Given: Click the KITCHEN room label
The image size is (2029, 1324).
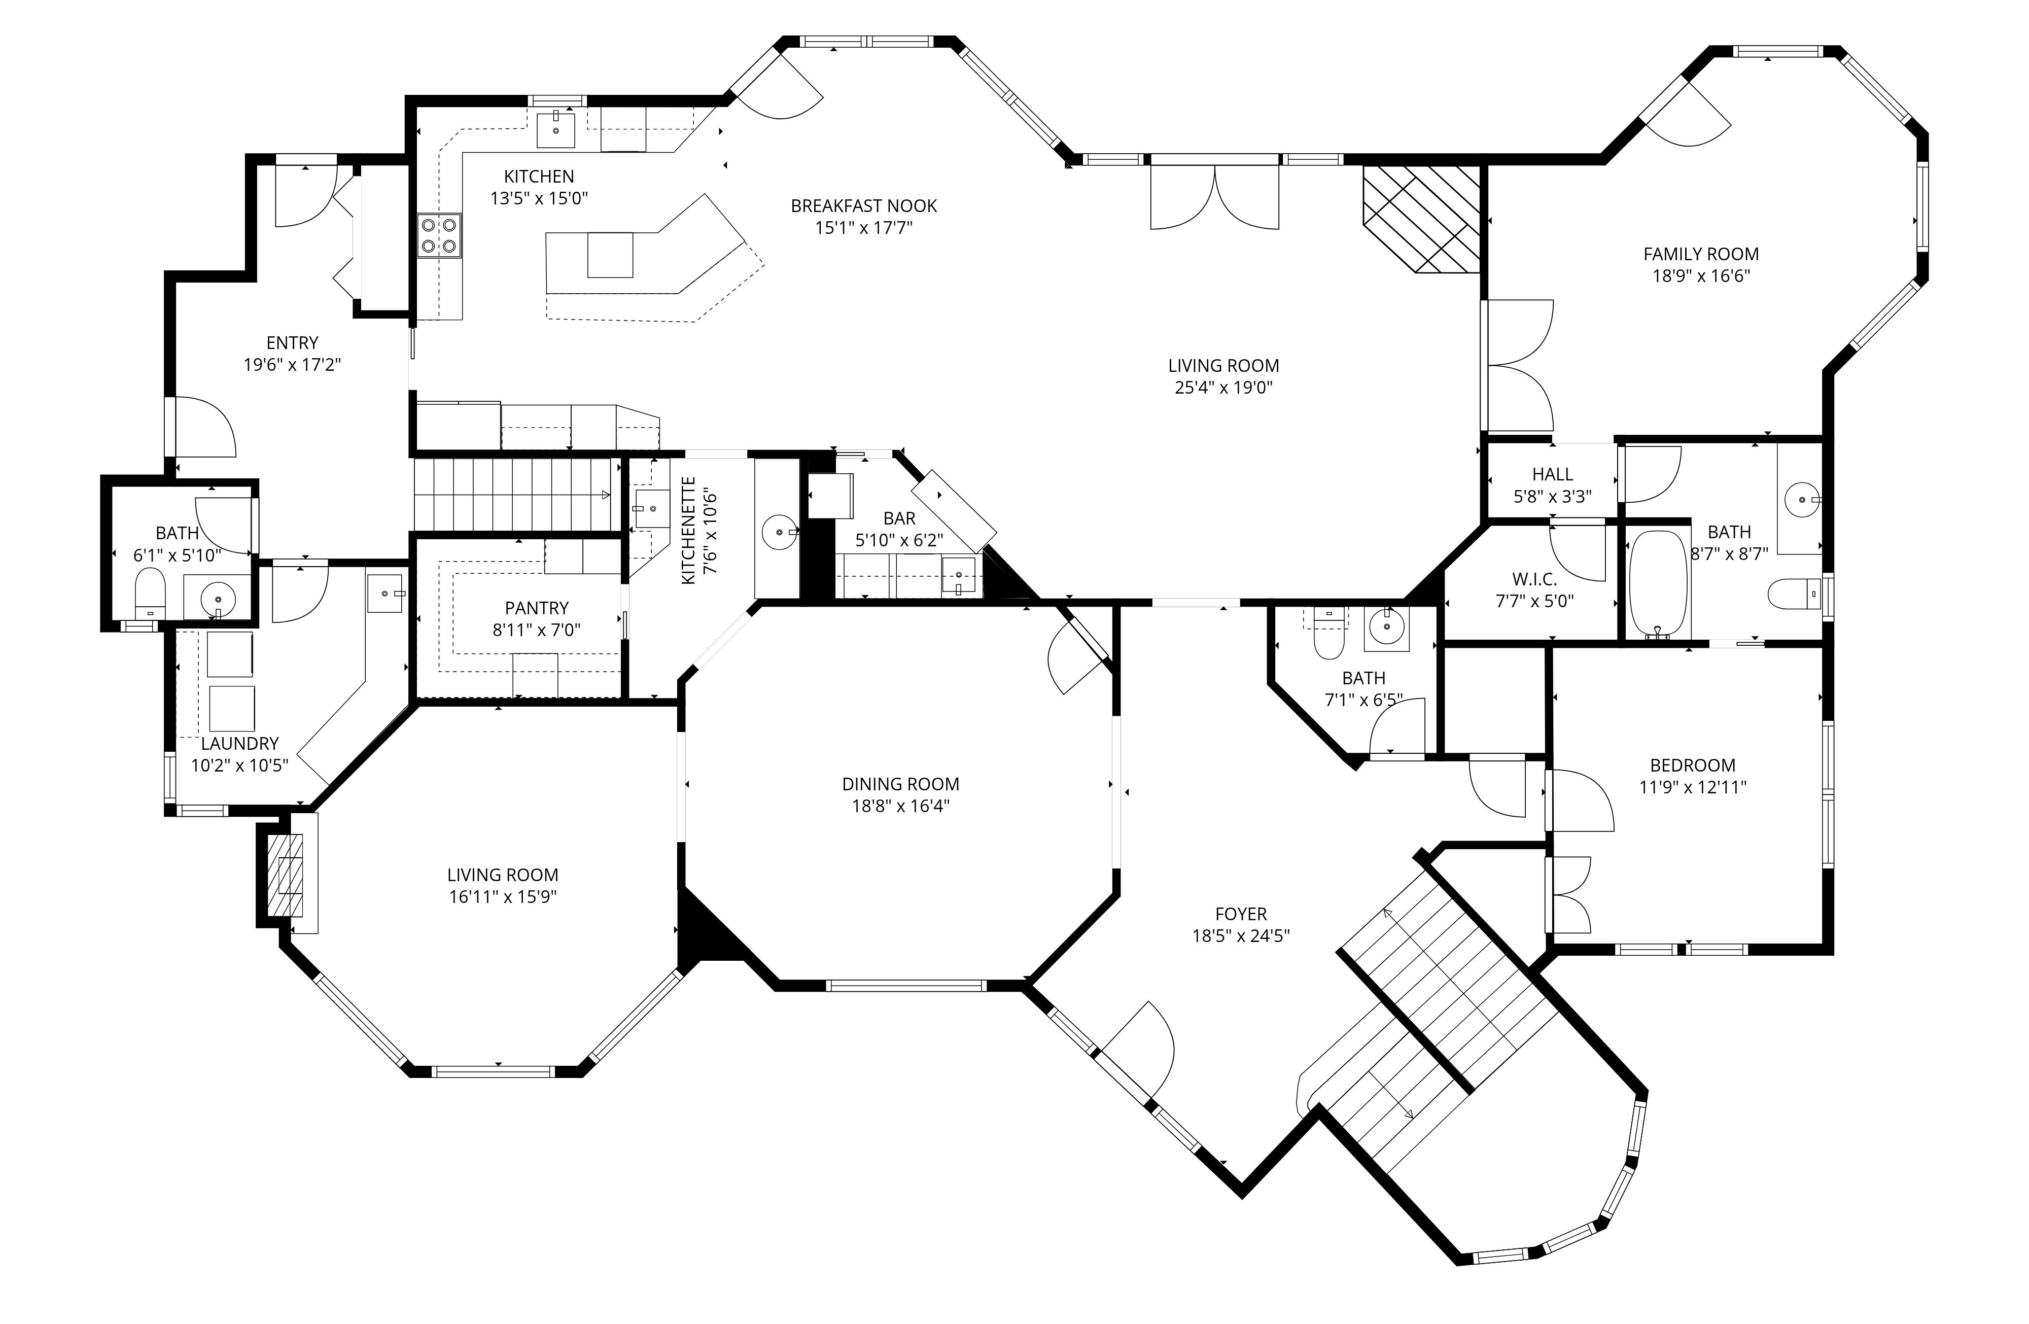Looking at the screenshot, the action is tap(539, 177).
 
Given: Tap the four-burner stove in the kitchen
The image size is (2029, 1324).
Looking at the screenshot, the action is tap(440, 235).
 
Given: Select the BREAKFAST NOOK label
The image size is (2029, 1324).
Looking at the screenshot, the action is tap(864, 205).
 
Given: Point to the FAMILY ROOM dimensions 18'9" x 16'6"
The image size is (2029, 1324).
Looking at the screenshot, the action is tap(1701, 275).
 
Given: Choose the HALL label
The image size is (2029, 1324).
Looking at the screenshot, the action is tap(1553, 474).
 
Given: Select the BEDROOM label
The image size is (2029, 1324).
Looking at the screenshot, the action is tap(1692, 765).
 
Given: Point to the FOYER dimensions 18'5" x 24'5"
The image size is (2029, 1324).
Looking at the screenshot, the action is tap(1240, 936).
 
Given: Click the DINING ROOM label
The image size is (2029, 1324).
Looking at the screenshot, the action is tap(900, 783).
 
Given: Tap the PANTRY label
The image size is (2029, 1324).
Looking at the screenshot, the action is tap(536, 608).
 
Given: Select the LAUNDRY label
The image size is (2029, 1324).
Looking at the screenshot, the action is tap(239, 743).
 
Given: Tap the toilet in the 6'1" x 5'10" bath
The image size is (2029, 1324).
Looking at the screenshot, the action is tap(151, 594).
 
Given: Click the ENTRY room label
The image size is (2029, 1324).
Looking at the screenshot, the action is tap(292, 343).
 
